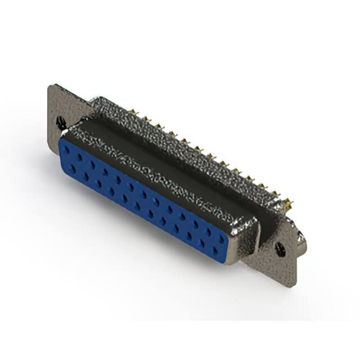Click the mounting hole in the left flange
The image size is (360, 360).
coord(61,121)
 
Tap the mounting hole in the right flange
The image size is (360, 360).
coord(280,246)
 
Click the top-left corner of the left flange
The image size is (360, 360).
coord(51,85)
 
